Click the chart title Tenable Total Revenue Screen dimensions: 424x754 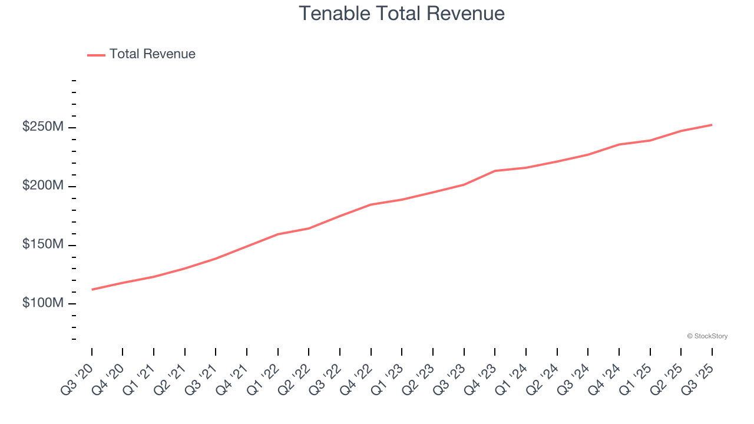click(x=402, y=13)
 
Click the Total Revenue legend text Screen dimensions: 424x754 click(x=152, y=54)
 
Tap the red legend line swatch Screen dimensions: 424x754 click(x=96, y=55)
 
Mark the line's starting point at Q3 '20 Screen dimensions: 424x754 click(x=92, y=290)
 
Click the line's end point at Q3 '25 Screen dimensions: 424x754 click(x=712, y=125)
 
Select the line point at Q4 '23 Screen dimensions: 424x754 click(x=495, y=171)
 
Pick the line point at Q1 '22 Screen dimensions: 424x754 click(x=278, y=234)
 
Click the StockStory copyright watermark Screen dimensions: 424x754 click(x=707, y=336)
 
